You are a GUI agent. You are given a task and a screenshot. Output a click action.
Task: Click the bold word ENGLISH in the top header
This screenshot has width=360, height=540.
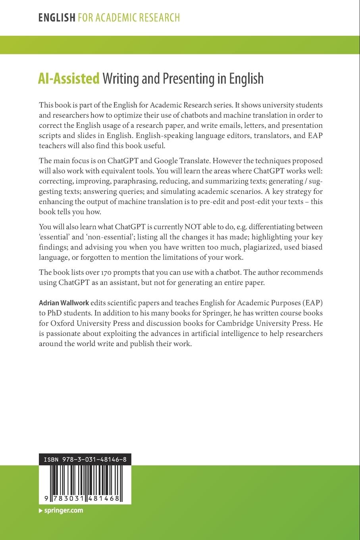57,17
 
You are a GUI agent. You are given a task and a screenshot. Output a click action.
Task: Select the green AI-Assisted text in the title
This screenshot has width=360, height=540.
69,79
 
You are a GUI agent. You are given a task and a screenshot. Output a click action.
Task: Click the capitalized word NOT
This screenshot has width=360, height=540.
193,227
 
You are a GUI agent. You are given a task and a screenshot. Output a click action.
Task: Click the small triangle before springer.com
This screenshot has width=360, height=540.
40,511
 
